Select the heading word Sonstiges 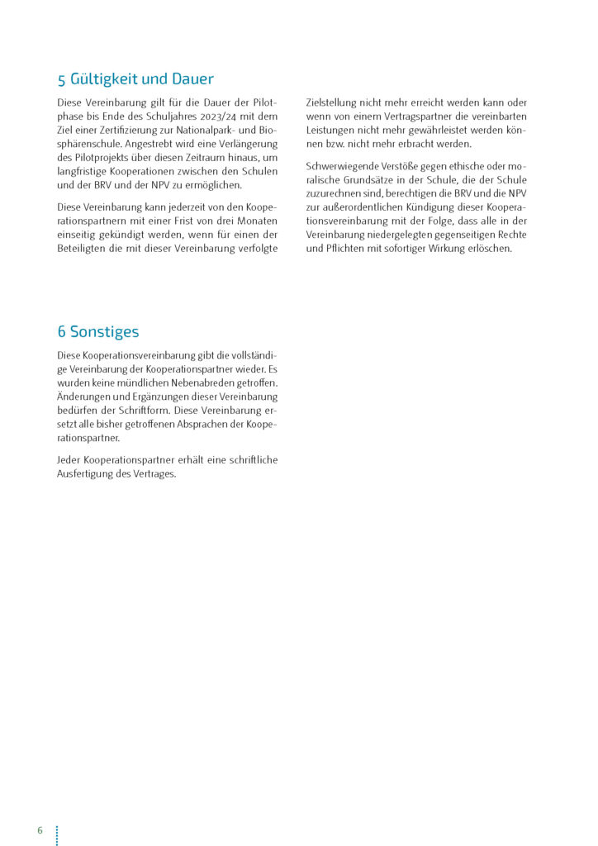click(104, 332)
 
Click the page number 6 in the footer click(40, 830)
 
